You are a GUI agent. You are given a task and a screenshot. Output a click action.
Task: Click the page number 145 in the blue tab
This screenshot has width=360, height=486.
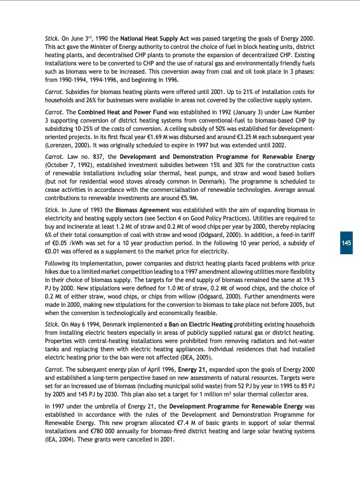coord(347,243)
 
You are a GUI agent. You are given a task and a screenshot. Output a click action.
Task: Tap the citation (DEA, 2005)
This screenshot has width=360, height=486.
coord(191,357)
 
